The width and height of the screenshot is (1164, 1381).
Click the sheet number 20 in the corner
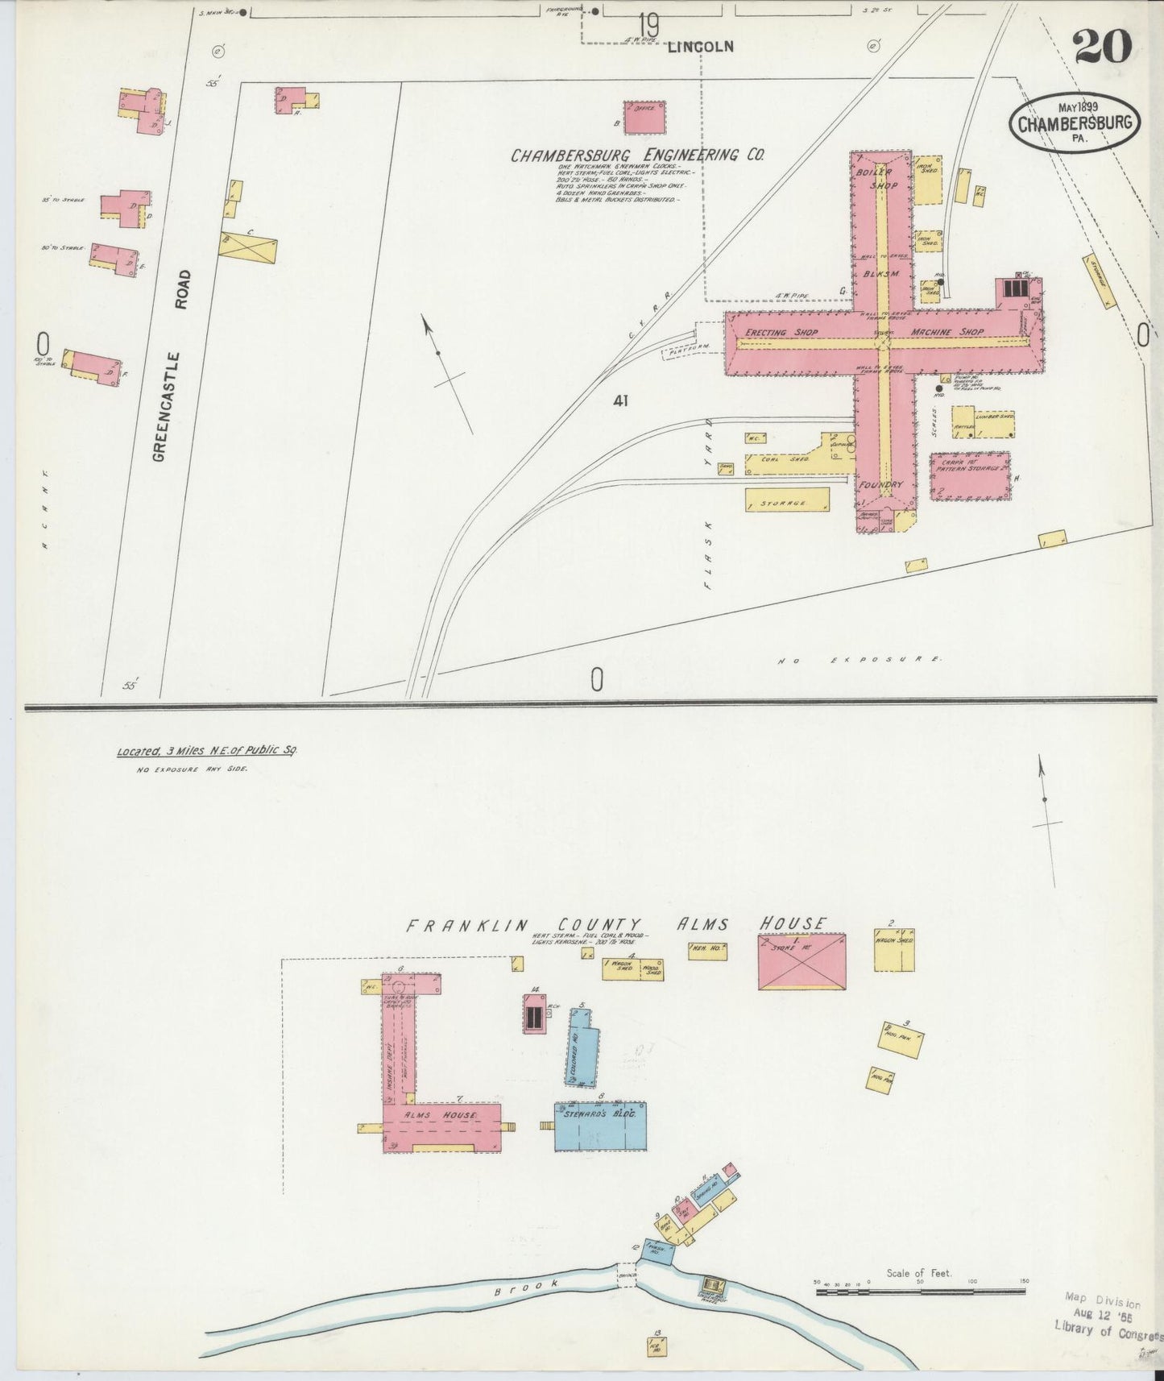click(1102, 46)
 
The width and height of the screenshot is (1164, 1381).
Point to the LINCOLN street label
click(701, 47)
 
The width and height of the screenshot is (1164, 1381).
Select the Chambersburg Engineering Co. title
click(637, 155)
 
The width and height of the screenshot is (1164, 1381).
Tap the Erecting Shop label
click(781, 332)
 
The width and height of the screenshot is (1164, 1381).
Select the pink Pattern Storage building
click(971, 477)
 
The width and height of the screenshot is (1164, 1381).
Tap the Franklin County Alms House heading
click(616, 924)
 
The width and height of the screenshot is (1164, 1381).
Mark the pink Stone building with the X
click(802, 960)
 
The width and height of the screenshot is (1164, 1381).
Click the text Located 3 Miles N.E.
click(207, 750)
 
